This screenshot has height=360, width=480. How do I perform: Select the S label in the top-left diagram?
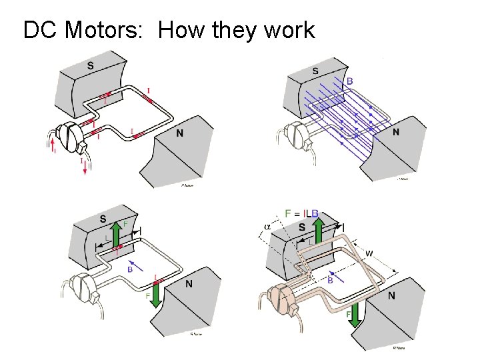pyautogui.click(x=90, y=65)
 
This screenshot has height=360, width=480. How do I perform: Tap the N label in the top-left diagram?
pyautogui.click(x=179, y=133)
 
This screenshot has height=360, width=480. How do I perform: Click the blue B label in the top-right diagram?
pyautogui.click(x=350, y=82)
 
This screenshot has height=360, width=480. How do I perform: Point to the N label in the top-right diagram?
pyautogui.click(x=396, y=132)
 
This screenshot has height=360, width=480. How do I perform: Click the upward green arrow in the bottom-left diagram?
pyautogui.click(x=115, y=234)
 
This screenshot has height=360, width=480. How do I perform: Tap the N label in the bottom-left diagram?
pyautogui.click(x=189, y=284)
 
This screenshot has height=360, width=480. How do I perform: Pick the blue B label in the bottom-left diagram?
pyautogui.click(x=130, y=269)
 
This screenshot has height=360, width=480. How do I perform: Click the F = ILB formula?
pyautogui.click(x=302, y=213)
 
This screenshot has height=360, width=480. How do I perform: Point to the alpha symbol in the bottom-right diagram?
pyautogui.click(x=267, y=226)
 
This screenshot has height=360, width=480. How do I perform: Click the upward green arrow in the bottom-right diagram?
pyautogui.click(x=319, y=231)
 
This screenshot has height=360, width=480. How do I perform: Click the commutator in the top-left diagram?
pyautogui.click(x=68, y=137)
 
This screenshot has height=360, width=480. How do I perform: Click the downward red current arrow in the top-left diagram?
pyautogui.click(x=85, y=169)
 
